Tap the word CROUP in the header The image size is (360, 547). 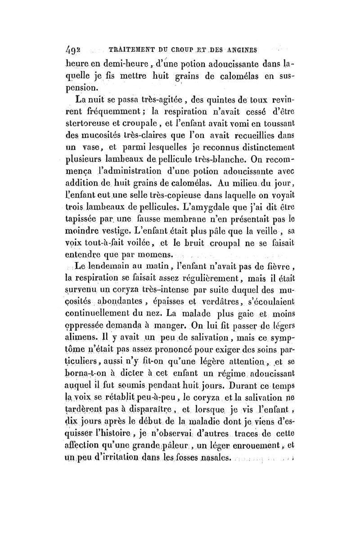pyautogui.click(x=193, y=49)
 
